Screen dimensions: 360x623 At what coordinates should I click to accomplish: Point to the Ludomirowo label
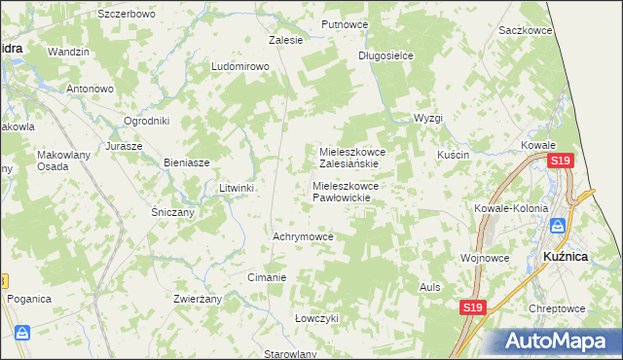[x=239, y=67]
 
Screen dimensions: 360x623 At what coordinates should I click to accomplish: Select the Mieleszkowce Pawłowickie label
[x=351, y=192]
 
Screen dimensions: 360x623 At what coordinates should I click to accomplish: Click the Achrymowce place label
[x=303, y=236]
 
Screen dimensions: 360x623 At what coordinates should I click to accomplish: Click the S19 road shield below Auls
[x=472, y=307]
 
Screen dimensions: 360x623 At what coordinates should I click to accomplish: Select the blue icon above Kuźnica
[x=558, y=226]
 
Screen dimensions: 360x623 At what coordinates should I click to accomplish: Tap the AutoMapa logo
[x=560, y=341]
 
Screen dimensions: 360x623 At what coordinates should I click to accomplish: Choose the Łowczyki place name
[x=316, y=318]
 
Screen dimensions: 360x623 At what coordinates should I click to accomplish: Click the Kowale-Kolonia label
[x=505, y=208]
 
